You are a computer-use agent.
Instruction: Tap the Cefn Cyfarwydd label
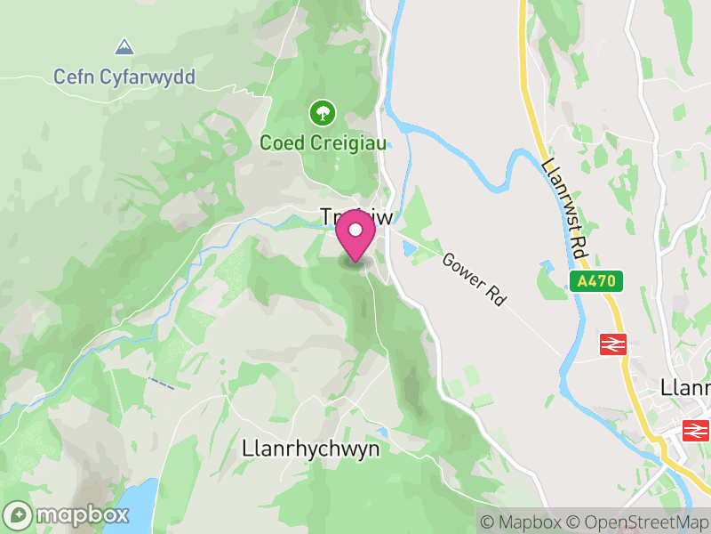(124, 77)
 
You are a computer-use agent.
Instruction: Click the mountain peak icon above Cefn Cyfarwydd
(124, 44)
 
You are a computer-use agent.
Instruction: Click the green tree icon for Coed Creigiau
(321, 113)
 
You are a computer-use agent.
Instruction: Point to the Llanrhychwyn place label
(310, 449)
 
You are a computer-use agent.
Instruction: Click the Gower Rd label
(474, 279)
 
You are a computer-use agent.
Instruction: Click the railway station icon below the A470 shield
(614, 344)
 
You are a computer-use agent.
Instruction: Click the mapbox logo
(67, 514)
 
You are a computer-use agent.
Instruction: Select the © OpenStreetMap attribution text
(638, 522)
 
